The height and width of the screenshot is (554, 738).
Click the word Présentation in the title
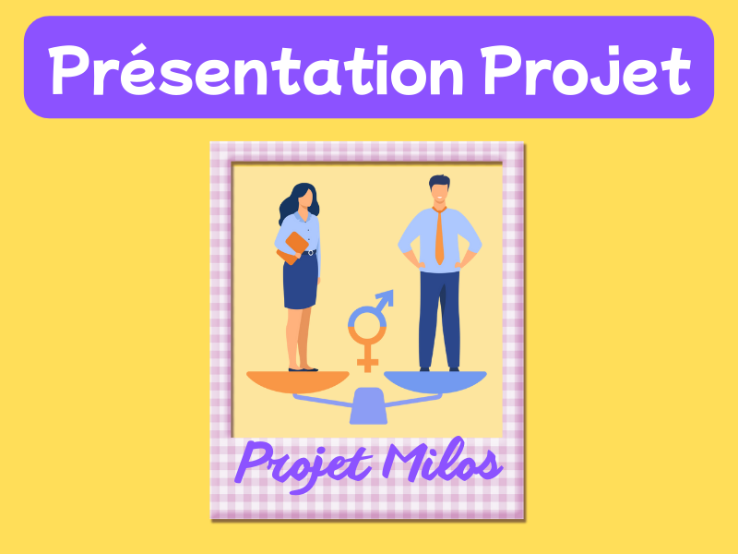256,70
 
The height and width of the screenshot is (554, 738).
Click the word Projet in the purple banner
586,71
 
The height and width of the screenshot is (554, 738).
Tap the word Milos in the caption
442,462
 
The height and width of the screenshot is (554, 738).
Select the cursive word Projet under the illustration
304,465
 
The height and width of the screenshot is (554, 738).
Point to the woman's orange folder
292,247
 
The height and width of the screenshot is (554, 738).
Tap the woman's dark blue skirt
301,282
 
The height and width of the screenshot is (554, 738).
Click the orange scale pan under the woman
297,380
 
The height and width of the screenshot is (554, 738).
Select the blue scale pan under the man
435,380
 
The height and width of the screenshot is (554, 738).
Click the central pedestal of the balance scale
368,405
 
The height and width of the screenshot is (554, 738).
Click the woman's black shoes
304,369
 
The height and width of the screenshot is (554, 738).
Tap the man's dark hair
440,181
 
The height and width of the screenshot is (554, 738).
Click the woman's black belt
308,253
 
